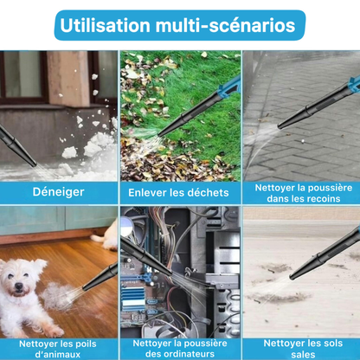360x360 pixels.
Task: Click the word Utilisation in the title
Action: point(105,25)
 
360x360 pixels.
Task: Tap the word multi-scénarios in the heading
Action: point(226,25)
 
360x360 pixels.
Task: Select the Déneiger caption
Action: point(59,192)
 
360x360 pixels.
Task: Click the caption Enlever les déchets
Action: point(178,192)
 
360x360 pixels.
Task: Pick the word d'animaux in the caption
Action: point(58,354)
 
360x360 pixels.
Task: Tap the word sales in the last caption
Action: point(303,355)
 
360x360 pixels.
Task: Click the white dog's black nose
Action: point(19,286)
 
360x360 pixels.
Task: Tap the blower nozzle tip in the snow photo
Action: point(33,164)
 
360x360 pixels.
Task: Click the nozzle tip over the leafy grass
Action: point(161,134)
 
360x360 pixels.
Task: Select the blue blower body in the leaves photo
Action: point(230,87)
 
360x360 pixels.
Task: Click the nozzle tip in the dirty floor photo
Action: point(292,276)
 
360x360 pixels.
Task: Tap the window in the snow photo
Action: point(22,76)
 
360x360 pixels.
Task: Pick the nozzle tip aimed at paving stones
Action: point(280,125)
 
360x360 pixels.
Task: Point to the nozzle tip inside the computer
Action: point(169,272)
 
